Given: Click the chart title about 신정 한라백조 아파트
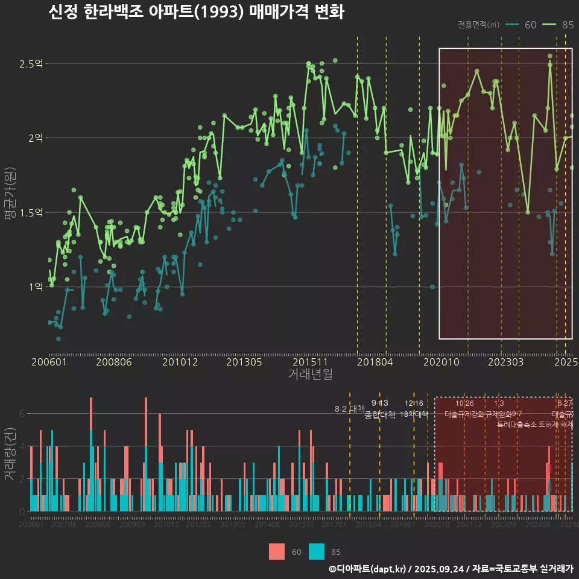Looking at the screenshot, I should [x=196, y=13].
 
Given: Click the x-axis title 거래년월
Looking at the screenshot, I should [x=310, y=374].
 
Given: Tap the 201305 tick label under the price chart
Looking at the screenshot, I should [x=244, y=362].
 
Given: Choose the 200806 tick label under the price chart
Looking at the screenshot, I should [x=114, y=362].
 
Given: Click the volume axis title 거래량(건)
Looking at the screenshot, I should [x=10, y=454].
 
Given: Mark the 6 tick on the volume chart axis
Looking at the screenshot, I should [x=22, y=414].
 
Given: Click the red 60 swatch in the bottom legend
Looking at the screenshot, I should [x=277, y=551].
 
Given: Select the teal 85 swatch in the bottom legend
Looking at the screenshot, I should [x=317, y=551].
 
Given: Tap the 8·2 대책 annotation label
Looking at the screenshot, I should [x=350, y=409].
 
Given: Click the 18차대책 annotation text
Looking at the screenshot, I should [x=414, y=414].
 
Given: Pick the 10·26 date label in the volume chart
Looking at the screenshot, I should [x=464, y=403].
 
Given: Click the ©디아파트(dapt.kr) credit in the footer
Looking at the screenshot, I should [x=368, y=569].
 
